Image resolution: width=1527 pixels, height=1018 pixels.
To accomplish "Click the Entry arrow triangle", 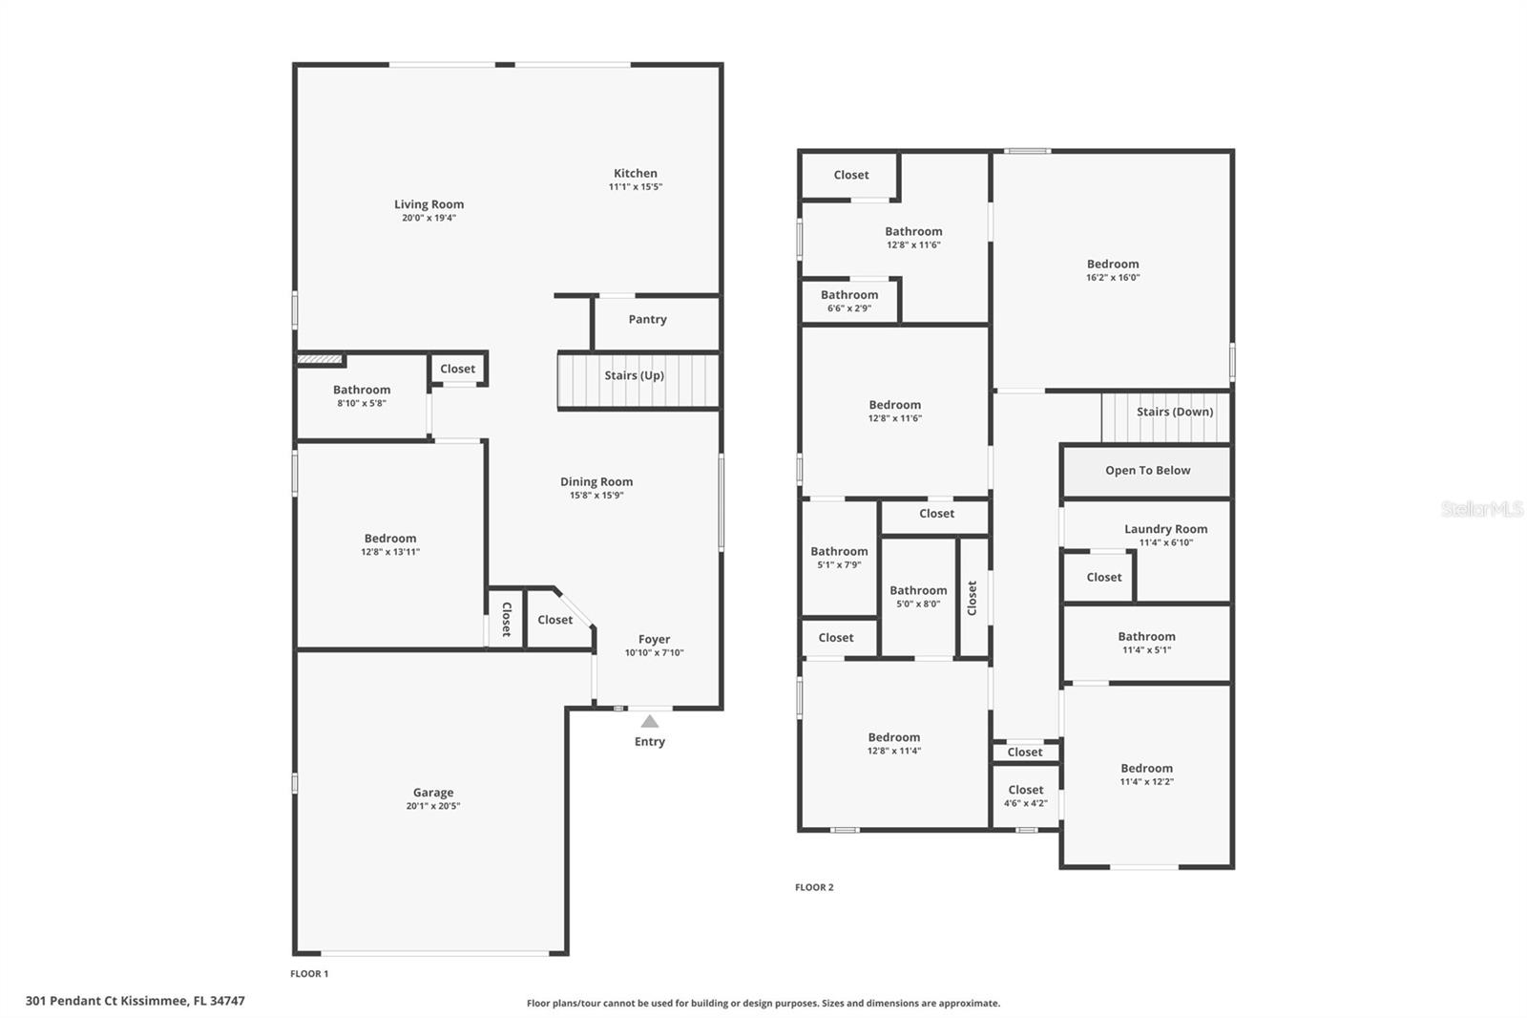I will tap(649, 721).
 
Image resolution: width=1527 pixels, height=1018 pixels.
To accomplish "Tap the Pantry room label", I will tap(647, 320).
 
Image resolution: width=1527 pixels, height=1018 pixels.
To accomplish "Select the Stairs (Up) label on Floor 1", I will tap(634, 375).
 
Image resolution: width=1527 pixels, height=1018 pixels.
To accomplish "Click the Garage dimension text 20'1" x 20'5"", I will tap(433, 806).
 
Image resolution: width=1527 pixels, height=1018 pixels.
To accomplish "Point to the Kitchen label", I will tap(635, 173).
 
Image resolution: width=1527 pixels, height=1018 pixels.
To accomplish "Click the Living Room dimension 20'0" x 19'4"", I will tap(429, 218).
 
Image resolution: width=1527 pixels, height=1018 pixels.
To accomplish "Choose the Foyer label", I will tap(654, 639).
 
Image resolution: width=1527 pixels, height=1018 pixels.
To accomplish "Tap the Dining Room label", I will tap(596, 481).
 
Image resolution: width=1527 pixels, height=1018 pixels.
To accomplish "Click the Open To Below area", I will tap(1147, 471).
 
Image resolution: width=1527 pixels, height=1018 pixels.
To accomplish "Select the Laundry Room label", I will tap(1165, 529).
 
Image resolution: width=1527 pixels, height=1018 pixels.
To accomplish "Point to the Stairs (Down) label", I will tap(1175, 412).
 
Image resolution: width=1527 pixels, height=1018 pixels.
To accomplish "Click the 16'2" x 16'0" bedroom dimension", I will tap(1113, 278).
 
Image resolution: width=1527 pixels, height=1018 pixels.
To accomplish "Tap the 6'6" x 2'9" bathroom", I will tap(848, 301).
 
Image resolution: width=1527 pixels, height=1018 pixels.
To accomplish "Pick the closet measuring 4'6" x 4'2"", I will tap(1025, 795).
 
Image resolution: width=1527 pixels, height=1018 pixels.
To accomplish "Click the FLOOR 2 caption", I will tap(814, 887).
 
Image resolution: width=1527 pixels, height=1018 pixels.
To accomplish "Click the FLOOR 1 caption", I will tap(309, 974).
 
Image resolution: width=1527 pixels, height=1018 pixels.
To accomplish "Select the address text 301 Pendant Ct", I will tap(135, 1001).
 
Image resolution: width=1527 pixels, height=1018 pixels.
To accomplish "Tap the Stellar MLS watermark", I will tap(1481, 510).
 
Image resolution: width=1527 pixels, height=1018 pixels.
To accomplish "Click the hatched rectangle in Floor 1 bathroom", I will tap(319, 359).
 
